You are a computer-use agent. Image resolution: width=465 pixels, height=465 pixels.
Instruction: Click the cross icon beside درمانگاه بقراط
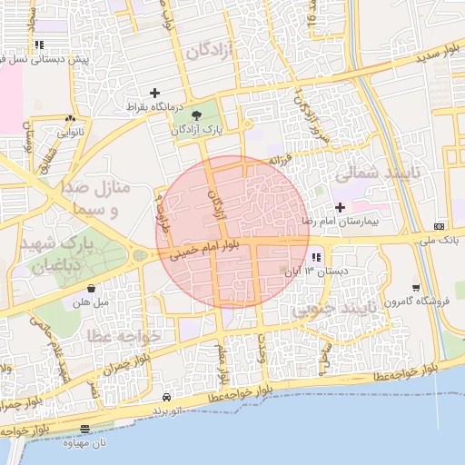coord(154,93)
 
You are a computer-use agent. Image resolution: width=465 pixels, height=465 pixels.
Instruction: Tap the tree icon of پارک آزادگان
coord(198,114)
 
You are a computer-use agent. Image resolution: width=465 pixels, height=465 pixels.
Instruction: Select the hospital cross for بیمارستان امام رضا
coord(341,207)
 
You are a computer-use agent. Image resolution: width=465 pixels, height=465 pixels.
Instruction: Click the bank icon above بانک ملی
coord(440,225)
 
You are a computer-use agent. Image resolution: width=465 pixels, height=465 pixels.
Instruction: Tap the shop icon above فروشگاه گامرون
coord(415,288)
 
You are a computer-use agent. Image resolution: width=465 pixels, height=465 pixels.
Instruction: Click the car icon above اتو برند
coord(166,398)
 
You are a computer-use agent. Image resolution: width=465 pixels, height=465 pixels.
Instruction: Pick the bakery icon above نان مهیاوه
coord(84,429)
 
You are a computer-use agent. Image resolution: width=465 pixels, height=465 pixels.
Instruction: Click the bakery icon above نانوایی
coord(70,118)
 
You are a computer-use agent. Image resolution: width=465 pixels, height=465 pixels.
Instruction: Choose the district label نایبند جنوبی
coord(334,309)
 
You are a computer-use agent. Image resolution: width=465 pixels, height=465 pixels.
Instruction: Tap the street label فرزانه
coord(279,161)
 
